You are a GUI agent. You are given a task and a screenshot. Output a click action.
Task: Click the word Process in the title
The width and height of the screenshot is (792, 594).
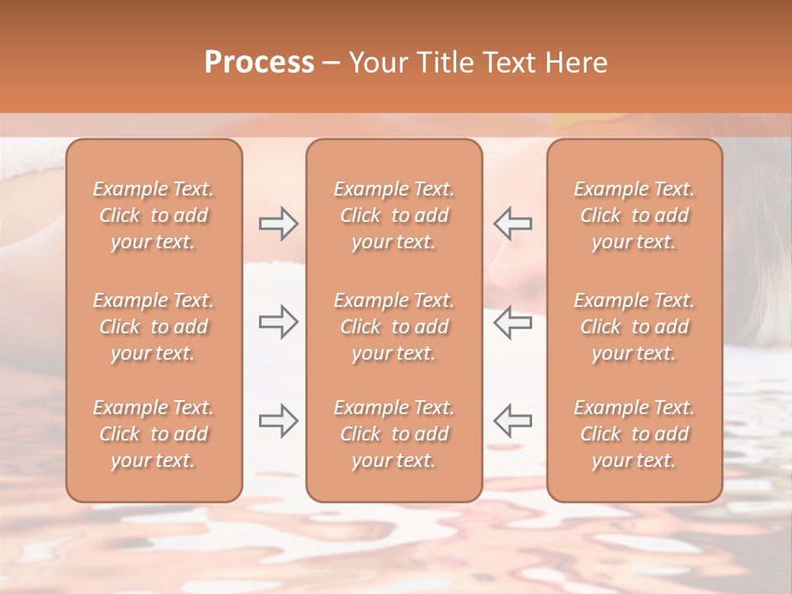point(259,63)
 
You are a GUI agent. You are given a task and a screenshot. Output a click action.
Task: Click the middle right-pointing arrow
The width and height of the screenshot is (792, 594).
point(278,323)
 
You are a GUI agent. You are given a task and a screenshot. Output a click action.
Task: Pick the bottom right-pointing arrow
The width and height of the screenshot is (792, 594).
point(278,421)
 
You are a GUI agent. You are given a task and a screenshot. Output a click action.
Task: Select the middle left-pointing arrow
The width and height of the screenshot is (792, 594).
point(513,323)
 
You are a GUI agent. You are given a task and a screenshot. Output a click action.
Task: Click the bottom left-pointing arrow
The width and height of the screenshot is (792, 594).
point(513,421)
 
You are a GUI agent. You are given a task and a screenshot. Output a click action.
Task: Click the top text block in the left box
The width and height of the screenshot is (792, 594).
point(153,215)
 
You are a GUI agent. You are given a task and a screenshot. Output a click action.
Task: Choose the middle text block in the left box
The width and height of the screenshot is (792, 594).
point(153,327)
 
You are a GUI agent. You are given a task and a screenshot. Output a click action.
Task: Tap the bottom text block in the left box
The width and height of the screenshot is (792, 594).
point(153,434)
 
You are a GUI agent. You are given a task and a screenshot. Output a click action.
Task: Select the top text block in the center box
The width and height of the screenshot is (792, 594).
point(394,215)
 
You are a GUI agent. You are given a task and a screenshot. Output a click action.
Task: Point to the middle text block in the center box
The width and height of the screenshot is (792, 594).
point(394,327)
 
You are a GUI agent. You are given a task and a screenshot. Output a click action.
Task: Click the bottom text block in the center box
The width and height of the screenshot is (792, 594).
point(394,434)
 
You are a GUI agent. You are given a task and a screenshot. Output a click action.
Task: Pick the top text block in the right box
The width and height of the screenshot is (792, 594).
point(634,215)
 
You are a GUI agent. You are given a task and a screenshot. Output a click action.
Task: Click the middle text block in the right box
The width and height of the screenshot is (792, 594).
point(634,327)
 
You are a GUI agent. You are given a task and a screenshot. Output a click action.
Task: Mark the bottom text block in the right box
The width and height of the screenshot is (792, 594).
point(634,434)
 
